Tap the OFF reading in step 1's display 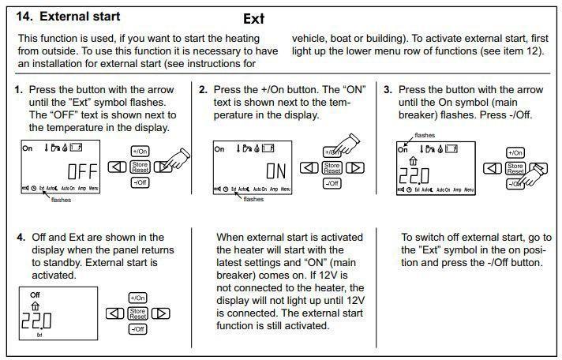coord(81,171)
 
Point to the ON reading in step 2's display coord(275,171)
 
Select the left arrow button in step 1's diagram coord(115,167)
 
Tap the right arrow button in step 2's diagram coord(355,167)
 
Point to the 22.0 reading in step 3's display coord(414,174)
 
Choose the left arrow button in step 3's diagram coord(491,167)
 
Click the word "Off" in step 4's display coord(33,295)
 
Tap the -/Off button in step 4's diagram coord(137,328)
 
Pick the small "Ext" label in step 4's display coord(39,335)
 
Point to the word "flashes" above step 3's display coord(425,135)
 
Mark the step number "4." coord(21,237)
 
